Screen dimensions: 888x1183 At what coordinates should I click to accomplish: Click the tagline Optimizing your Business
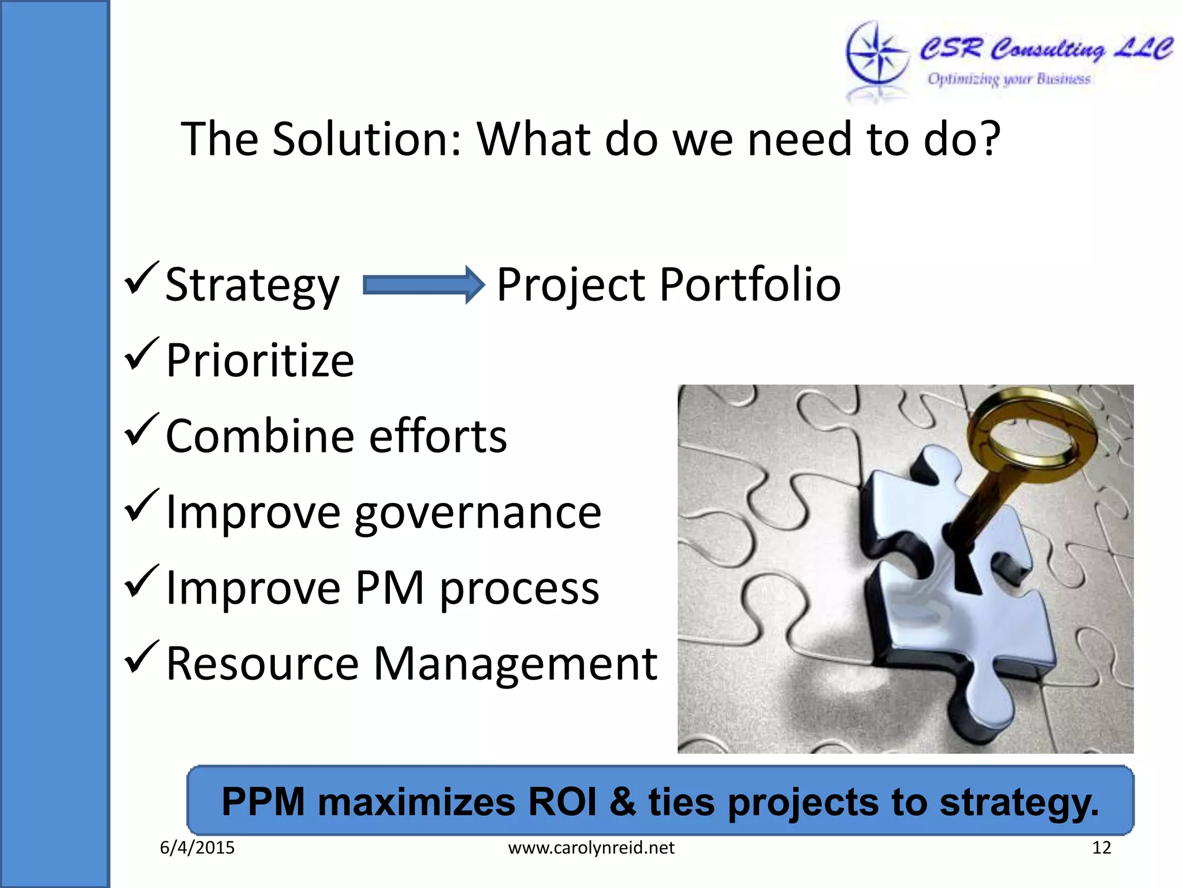click(x=1009, y=79)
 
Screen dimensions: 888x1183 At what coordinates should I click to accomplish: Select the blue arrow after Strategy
click(x=423, y=284)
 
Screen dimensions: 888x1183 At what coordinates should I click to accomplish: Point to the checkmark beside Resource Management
click(x=140, y=657)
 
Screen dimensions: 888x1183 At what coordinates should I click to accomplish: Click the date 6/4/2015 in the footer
click(x=197, y=848)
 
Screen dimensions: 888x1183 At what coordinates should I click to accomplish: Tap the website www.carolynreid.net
click(x=591, y=848)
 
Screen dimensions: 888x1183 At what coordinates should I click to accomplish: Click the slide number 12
click(x=1101, y=848)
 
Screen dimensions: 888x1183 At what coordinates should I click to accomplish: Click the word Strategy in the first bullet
click(x=252, y=284)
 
